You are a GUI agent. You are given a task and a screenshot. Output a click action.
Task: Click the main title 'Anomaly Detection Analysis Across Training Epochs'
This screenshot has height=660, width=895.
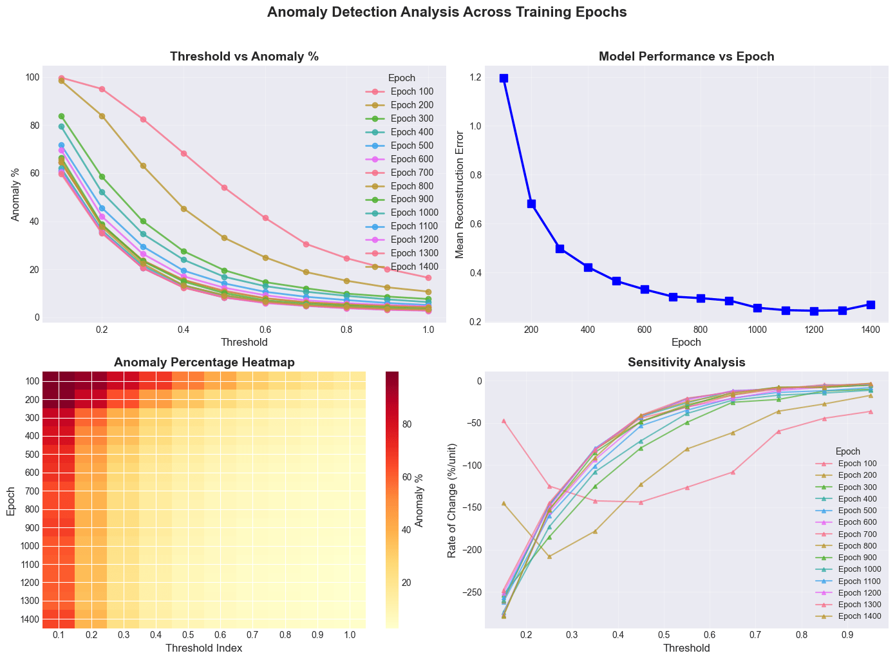point(447,12)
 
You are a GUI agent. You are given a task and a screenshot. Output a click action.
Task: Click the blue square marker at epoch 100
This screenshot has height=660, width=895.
point(504,78)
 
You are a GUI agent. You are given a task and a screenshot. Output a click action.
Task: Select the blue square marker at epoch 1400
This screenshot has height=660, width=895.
point(871,305)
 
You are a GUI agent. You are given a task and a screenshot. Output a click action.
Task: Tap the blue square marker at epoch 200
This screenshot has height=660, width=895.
point(532,203)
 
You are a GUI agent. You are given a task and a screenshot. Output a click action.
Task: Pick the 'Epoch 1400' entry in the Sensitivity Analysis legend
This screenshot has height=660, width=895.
point(862,616)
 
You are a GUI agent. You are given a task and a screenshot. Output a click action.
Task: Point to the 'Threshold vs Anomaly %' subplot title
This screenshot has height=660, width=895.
point(244,57)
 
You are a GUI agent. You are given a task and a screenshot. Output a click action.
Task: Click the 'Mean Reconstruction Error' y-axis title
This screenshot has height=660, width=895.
point(460,194)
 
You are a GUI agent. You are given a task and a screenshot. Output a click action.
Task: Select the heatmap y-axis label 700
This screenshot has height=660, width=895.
point(29,491)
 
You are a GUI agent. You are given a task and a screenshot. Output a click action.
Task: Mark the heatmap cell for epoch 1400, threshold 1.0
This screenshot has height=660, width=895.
point(350,619)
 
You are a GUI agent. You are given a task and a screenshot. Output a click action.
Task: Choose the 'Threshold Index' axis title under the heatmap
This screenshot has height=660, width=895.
point(204,648)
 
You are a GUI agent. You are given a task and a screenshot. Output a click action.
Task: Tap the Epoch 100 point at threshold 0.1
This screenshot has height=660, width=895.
point(61,78)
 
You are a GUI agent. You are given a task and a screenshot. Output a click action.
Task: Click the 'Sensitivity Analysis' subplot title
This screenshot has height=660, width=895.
point(686,363)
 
